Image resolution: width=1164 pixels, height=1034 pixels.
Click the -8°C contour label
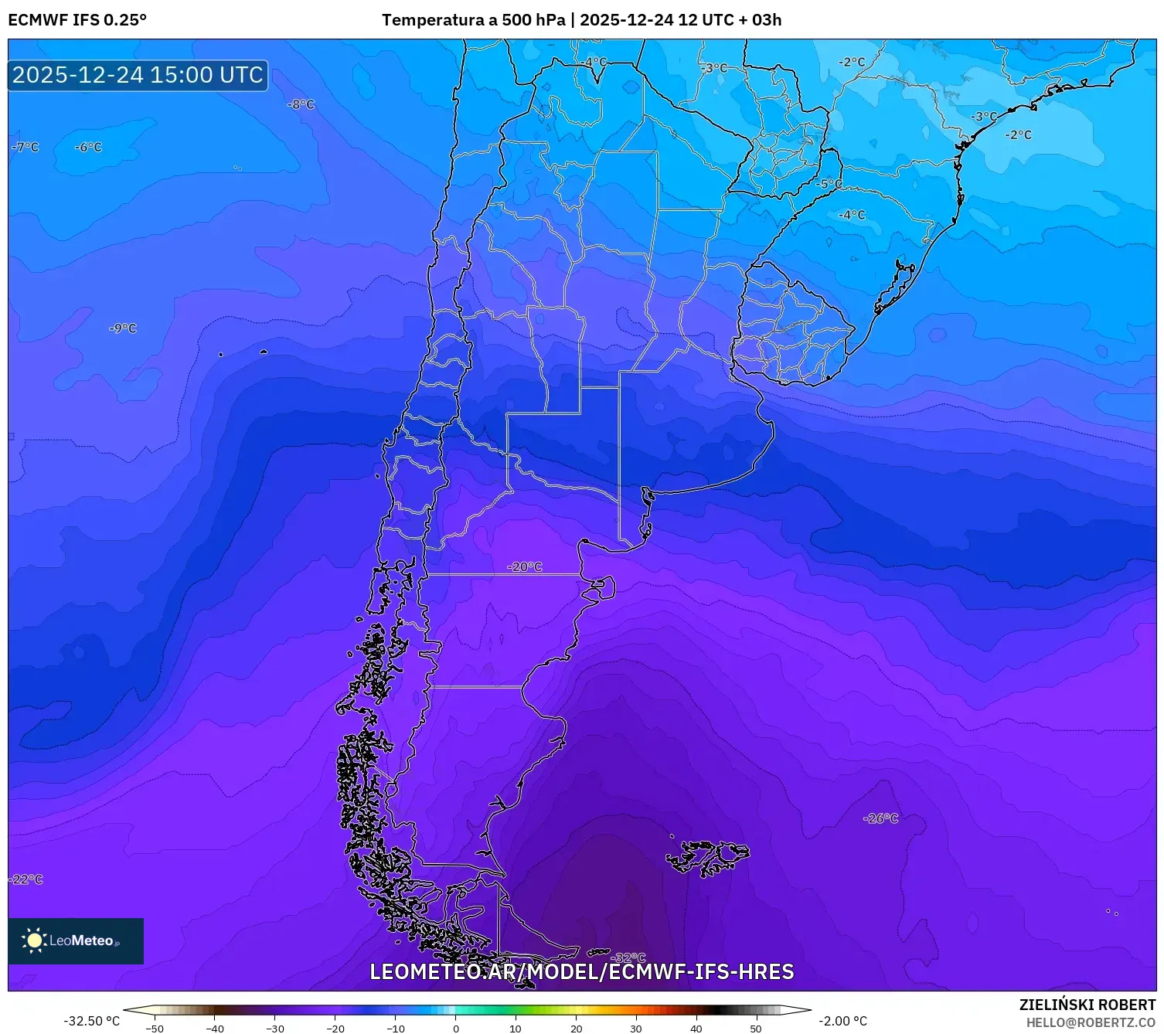click(x=301, y=104)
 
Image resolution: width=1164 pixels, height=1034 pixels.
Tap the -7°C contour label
click(x=26, y=147)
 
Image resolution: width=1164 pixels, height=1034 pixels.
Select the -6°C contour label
click(x=88, y=147)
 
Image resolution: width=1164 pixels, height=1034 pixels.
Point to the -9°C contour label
click(x=123, y=328)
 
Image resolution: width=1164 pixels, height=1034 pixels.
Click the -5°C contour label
click(x=829, y=184)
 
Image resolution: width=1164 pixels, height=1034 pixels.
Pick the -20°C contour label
click(x=525, y=566)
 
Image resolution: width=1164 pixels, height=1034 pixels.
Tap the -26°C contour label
click(x=881, y=818)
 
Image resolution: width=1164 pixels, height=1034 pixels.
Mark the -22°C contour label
click(x=26, y=879)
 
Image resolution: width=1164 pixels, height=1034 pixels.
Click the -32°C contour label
click(x=628, y=958)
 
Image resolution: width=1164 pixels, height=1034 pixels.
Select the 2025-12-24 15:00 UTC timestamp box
click(x=138, y=75)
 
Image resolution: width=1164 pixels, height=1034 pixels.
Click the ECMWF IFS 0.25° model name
click(x=77, y=20)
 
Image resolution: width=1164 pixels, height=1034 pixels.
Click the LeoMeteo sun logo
click(x=35, y=940)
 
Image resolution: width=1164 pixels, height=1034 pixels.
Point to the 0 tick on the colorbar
click(x=455, y=1029)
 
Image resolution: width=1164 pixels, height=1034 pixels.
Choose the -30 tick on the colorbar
click(x=275, y=1029)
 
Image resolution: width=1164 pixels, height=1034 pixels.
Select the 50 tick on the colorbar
click(x=755, y=1029)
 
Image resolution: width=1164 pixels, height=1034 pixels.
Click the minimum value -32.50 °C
click(x=91, y=1021)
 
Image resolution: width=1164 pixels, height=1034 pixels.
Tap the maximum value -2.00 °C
click(x=842, y=1021)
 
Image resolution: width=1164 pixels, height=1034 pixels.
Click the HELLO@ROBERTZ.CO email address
click(x=1091, y=1022)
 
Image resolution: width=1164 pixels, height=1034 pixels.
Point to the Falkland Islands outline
click(x=707, y=858)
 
